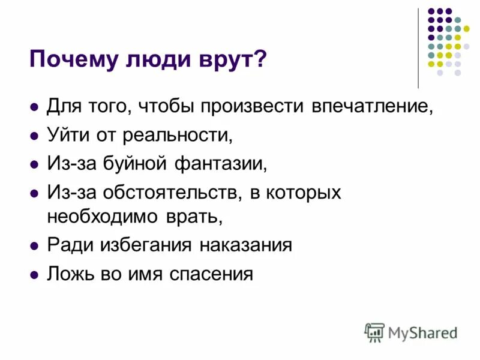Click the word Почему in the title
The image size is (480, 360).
(67, 60)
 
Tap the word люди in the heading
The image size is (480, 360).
(149, 60)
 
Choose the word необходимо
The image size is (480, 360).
(100, 215)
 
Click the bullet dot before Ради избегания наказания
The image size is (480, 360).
(34, 247)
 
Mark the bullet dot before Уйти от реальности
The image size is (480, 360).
(34, 136)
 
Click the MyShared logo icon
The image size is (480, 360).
(374, 332)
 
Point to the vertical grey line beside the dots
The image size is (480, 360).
(418, 48)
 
